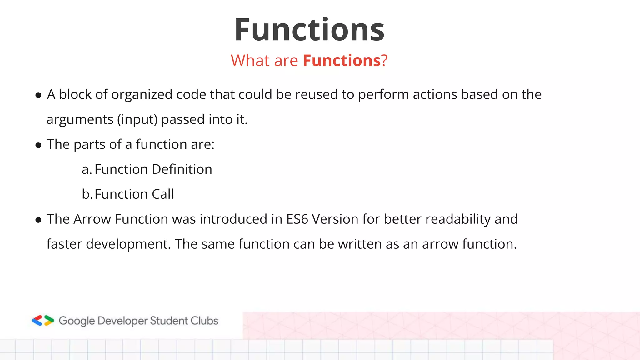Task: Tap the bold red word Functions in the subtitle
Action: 342,60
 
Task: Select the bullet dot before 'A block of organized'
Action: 38,95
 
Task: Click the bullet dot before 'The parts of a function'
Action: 38,145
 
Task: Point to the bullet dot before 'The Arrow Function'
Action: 38,220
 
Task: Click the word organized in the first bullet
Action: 142,95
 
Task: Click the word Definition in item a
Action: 182,169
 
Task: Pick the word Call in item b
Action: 162,194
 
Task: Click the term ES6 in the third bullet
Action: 297,219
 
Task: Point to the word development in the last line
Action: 128,244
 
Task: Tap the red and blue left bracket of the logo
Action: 37,321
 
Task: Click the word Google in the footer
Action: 77,321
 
